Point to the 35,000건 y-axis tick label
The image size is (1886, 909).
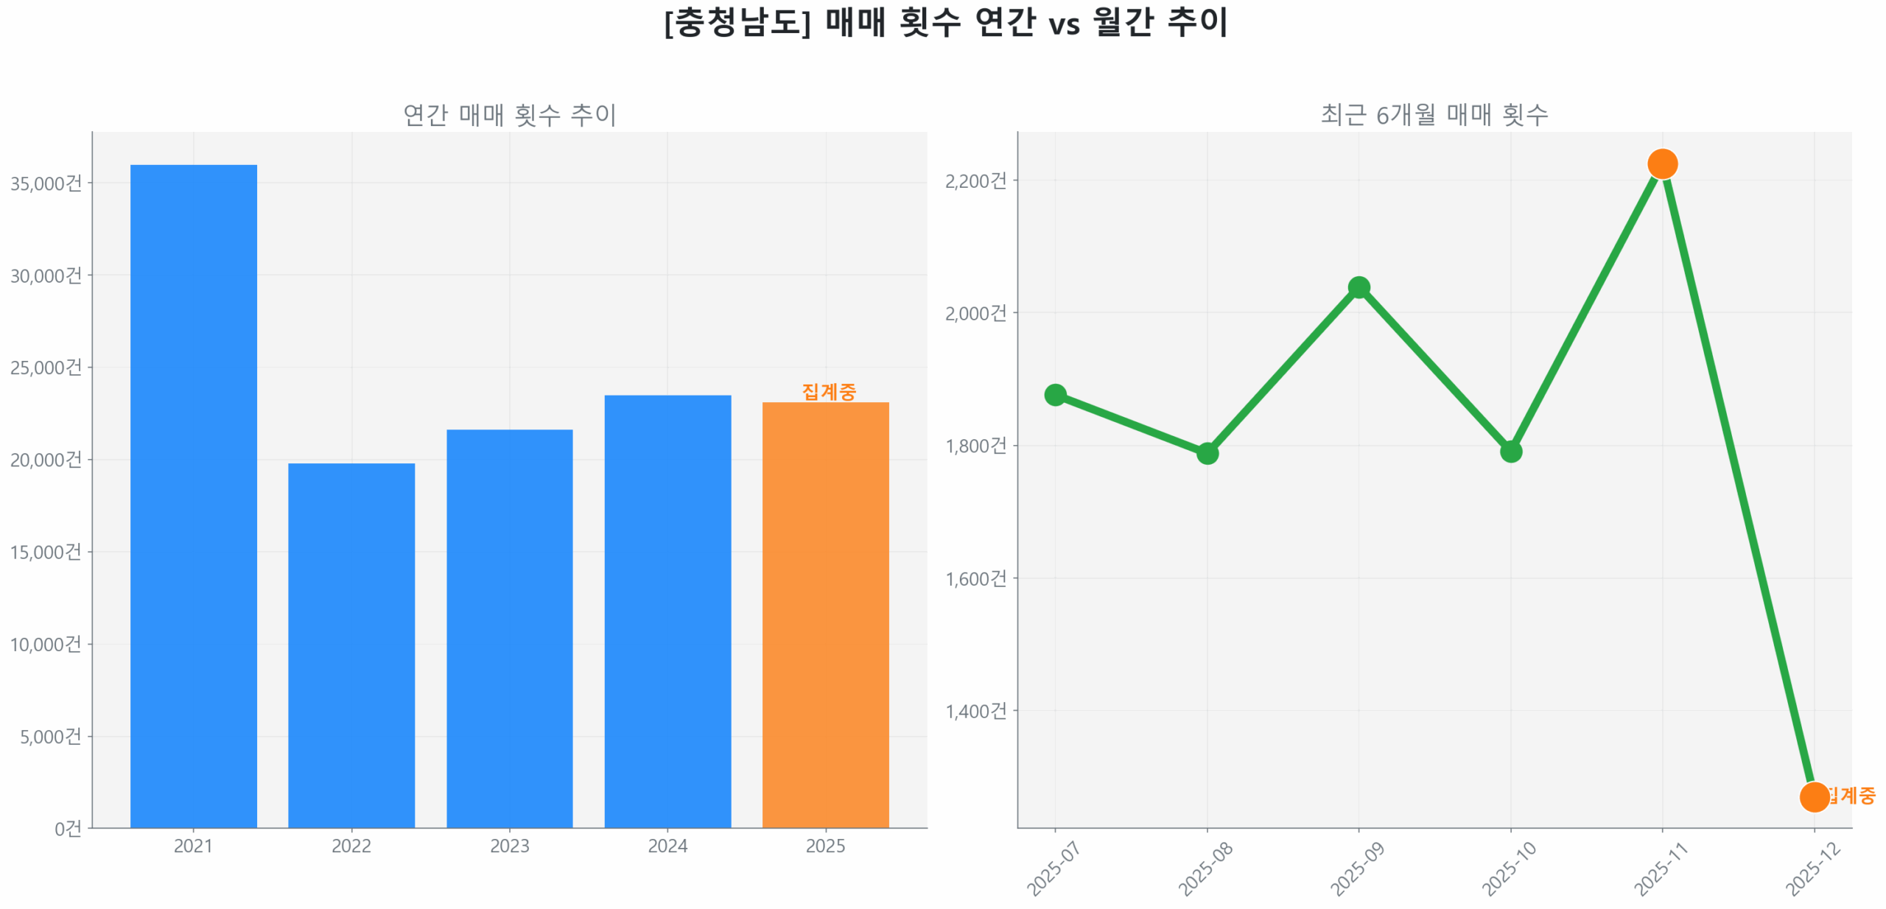click(46, 183)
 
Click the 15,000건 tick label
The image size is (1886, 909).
click(46, 551)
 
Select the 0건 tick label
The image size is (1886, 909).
click(68, 828)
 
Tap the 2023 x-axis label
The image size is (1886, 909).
click(509, 845)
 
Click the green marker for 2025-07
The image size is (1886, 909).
click(1055, 394)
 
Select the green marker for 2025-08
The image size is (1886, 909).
click(1207, 452)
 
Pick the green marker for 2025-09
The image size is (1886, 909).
click(1359, 287)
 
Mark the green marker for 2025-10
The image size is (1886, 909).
click(1510, 451)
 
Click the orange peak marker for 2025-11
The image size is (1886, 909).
click(1662, 164)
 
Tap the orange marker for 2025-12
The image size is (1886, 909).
click(1814, 796)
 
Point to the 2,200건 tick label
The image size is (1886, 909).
click(975, 180)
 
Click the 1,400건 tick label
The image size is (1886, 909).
click(975, 710)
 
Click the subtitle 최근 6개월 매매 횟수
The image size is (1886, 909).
click(1434, 114)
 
